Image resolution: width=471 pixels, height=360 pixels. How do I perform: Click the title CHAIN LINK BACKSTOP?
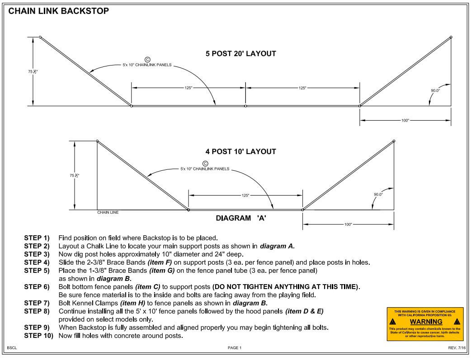click(58, 11)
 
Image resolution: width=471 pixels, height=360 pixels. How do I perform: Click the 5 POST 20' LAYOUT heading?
click(240, 54)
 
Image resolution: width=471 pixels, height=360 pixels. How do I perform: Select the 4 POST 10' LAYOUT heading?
click(240, 152)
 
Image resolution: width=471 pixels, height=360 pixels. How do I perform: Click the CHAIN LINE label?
click(108, 212)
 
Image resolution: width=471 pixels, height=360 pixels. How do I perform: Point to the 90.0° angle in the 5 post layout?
click(436, 90)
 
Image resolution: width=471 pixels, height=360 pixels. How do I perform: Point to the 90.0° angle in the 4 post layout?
click(378, 194)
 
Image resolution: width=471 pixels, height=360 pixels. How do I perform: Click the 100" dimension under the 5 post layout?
click(405, 121)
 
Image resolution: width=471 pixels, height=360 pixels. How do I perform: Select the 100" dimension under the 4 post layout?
click(348, 224)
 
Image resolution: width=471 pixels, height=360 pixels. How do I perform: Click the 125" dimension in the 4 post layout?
click(245, 195)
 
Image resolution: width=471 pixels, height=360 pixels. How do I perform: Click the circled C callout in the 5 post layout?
click(147, 59)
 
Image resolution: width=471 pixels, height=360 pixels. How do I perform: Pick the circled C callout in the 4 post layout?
click(205, 164)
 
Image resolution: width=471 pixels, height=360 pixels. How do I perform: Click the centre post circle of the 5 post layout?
click(245, 106)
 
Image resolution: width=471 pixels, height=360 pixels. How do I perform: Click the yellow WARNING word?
click(425, 322)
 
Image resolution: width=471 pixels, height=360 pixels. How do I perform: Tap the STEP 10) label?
click(38, 336)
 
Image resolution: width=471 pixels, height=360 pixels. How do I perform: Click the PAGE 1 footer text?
click(235, 348)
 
